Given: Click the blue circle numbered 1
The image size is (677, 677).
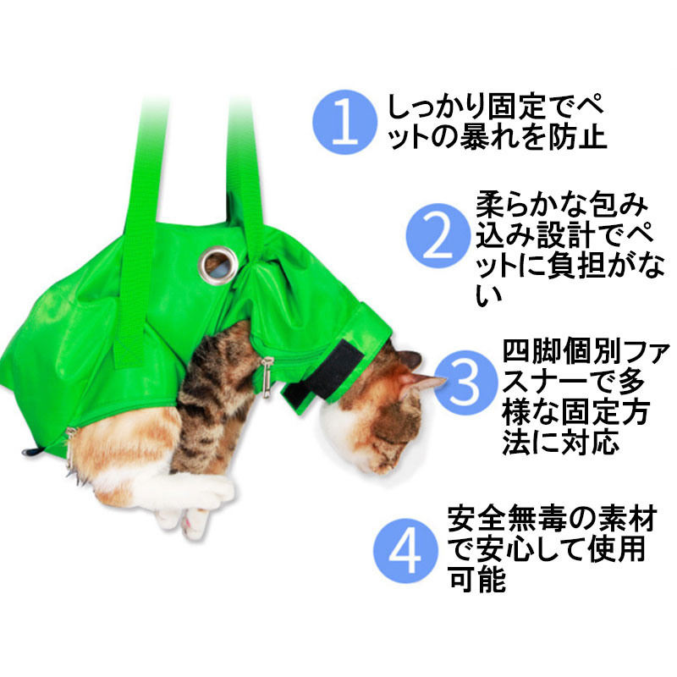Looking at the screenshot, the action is tap(344, 122).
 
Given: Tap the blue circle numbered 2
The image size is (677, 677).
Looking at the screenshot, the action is tap(438, 235).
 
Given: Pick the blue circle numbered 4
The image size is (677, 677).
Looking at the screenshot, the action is tap(405, 551).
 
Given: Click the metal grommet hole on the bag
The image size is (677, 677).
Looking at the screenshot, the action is tap(218, 265).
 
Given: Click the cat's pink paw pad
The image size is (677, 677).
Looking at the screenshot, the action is tap(190, 526).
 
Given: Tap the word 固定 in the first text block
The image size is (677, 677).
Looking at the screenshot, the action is tap(518, 107).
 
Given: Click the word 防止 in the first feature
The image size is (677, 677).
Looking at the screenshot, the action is tap(578, 137).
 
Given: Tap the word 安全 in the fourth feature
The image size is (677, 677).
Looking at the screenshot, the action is tap(476, 519).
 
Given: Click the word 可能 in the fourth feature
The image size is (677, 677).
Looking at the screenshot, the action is tap(476, 579).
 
